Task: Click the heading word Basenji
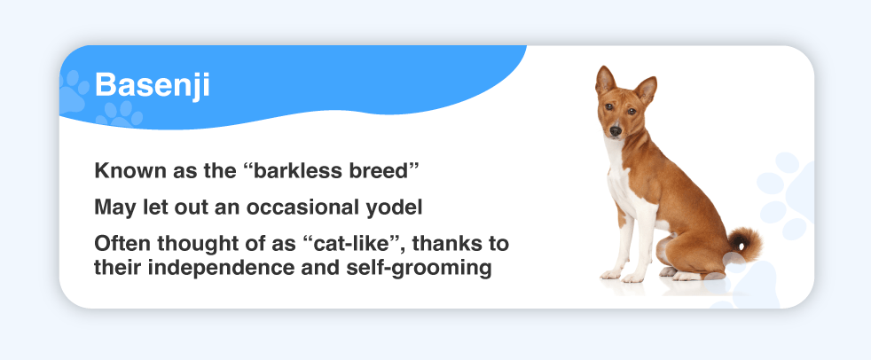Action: pyautogui.click(x=152, y=86)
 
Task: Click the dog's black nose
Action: pyautogui.click(x=615, y=130)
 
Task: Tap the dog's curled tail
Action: pyautogui.click(x=745, y=245)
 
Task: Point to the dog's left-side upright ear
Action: pyautogui.click(x=604, y=81)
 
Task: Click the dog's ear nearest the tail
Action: pyautogui.click(x=646, y=90)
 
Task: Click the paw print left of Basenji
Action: pyautogui.click(x=74, y=91)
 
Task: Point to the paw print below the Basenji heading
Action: pyautogui.click(x=120, y=114)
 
